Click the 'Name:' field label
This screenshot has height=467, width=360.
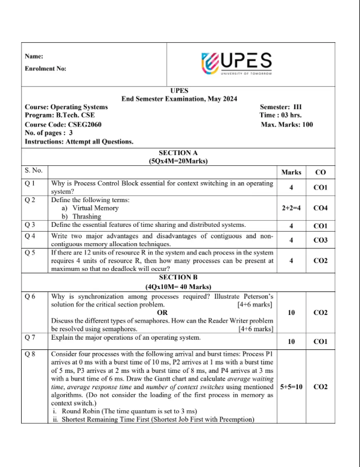point(34,56)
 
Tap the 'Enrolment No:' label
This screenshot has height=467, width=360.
point(46,68)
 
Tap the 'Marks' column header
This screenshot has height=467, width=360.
point(291,173)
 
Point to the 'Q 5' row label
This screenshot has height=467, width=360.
point(31,253)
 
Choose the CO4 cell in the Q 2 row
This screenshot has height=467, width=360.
point(320,208)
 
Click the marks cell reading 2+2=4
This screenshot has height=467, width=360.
point(291,208)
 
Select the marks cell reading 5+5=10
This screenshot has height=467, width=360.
point(291,386)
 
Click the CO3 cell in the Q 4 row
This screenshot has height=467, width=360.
point(320,240)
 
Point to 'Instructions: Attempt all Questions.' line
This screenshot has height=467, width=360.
point(79,142)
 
